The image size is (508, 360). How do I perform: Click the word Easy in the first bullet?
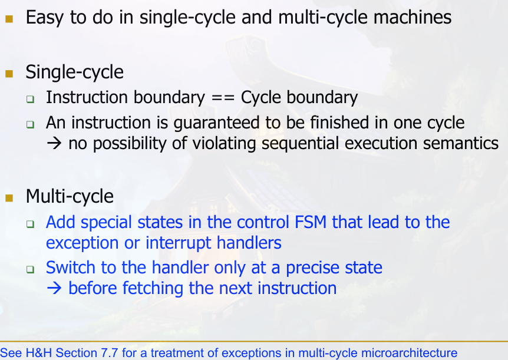point(44,18)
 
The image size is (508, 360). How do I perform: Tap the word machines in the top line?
point(413,17)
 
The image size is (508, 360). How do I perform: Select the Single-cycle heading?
point(74,72)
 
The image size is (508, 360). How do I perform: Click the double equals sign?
point(223,98)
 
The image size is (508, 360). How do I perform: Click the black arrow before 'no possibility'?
point(54,144)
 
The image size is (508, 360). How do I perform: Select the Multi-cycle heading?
point(70,196)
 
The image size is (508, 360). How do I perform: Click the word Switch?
point(71,267)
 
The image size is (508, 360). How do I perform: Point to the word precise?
point(309,268)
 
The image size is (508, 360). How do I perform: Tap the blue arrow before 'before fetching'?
point(54,288)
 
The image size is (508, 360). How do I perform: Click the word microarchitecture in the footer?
point(409,352)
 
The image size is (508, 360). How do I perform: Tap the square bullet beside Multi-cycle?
point(9,198)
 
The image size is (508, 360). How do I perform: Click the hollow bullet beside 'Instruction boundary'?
point(31,99)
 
